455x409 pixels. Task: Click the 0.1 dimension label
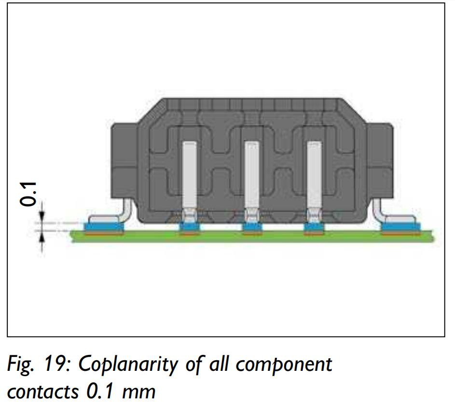(x=28, y=194)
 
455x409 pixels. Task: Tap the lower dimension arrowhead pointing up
(x=42, y=238)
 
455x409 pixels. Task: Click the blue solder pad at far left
(x=104, y=227)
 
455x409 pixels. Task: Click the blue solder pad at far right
(x=401, y=227)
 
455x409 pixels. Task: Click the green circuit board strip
(x=252, y=237)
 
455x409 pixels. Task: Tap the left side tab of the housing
(x=124, y=161)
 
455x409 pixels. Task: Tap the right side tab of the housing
(x=380, y=161)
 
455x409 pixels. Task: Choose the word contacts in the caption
(x=42, y=392)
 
